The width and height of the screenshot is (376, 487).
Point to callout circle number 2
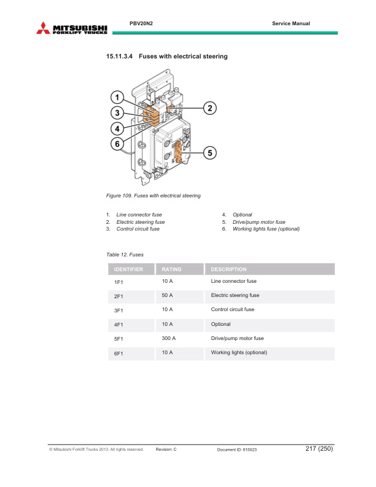click(210, 108)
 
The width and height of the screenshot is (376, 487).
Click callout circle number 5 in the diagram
click(210, 152)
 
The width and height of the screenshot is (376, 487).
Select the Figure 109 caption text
click(154, 196)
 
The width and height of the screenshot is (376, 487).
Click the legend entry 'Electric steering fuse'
click(141, 222)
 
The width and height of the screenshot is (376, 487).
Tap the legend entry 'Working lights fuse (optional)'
click(265, 229)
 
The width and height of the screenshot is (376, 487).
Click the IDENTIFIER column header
click(128, 269)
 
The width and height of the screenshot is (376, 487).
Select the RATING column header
click(171, 269)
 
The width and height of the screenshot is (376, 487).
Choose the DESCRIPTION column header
click(229, 269)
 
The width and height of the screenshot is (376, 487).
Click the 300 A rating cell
click(169, 338)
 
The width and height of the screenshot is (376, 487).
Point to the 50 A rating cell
click(167, 295)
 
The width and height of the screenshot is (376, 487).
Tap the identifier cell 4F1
click(119, 325)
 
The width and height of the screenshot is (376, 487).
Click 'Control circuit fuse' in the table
click(232, 309)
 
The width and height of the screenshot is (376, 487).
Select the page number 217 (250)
click(318, 449)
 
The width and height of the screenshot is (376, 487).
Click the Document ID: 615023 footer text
click(237, 450)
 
